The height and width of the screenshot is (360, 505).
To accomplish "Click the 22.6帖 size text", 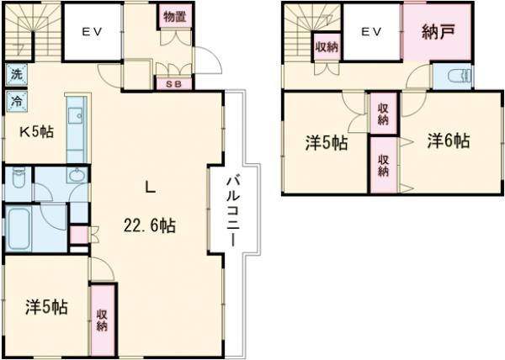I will (151, 225).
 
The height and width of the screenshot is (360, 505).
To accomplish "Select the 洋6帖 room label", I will (446, 141).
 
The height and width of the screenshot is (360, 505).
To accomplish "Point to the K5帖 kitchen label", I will (37, 131).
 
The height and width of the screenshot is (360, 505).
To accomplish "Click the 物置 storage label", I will (174, 18).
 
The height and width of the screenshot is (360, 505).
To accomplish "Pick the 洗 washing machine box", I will (16, 74).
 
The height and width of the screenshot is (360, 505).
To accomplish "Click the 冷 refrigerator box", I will (16, 102).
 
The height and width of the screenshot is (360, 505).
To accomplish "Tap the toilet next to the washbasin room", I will (19, 180).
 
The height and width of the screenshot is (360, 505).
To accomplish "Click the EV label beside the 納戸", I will (372, 31).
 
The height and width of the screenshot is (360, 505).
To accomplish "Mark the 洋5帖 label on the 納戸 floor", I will (326, 143).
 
